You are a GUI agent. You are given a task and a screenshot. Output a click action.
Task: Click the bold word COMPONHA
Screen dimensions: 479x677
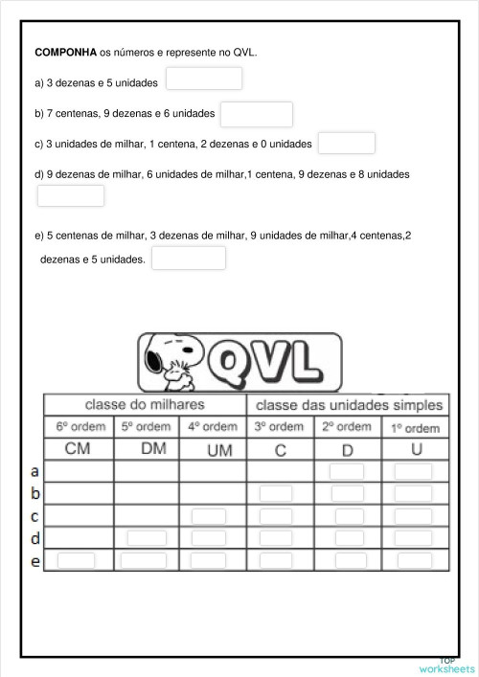click(66, 54)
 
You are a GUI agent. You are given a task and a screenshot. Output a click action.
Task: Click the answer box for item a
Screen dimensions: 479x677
click(204, 79)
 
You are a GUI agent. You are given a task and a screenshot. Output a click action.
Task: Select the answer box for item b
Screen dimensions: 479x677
click(256, 114)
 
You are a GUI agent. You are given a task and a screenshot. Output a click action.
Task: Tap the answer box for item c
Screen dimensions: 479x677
click(346, 144)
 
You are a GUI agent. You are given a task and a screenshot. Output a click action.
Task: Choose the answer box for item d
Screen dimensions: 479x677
click(70, 196)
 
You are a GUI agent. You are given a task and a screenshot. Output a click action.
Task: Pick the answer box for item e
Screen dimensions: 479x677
click(189, 259)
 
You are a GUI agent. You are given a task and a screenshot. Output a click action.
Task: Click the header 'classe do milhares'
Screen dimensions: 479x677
click(145, 405)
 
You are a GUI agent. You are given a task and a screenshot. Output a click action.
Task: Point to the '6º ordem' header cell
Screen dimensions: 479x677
click(78, 427)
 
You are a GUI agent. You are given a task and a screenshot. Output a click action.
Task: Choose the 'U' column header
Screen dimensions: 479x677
click(416, 449)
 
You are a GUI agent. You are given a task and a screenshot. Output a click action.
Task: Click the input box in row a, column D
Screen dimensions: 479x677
click(347, 471)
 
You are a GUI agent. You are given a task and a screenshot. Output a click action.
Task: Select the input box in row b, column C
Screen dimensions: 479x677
click(277, 493)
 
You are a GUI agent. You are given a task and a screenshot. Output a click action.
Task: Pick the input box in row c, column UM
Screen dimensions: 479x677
click(208, 516)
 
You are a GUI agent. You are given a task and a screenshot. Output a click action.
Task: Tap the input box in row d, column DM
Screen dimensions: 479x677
click(146, 538)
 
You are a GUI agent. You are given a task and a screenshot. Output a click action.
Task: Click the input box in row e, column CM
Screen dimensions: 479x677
click(77, 560)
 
